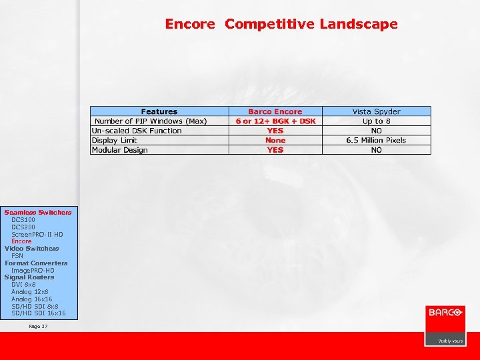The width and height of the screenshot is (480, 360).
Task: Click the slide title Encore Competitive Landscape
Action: (281, 24)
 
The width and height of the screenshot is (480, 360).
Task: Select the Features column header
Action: (159, 111)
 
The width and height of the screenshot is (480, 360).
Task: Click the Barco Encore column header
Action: (275, 111)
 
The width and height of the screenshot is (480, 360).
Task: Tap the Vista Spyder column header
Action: (377, 111)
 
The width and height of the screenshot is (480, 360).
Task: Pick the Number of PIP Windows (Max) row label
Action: (151, 121)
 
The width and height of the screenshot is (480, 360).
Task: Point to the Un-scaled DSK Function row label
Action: (137, 131)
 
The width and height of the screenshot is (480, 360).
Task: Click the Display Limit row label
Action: (114, 140)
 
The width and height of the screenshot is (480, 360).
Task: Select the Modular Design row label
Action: (120, 150)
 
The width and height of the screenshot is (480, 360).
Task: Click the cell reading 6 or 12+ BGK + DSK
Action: (275, 121)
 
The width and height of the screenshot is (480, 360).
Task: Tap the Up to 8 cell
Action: (377, 121)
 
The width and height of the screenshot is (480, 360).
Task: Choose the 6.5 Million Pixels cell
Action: (377, 140)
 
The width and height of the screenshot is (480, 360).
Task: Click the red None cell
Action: (275, 140)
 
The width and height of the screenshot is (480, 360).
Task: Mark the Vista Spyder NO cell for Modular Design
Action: (377, 150)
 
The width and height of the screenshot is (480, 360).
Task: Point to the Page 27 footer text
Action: (39, 326)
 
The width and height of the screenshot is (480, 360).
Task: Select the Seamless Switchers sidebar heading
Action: (38, 212)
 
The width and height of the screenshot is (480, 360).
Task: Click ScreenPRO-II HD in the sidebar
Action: (37, 234)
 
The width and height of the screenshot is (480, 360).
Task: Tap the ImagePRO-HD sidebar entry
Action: (33, 270)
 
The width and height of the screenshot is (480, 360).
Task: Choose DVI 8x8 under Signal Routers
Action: (23, 284)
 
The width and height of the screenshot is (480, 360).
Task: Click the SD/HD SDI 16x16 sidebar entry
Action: (39, 313)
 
